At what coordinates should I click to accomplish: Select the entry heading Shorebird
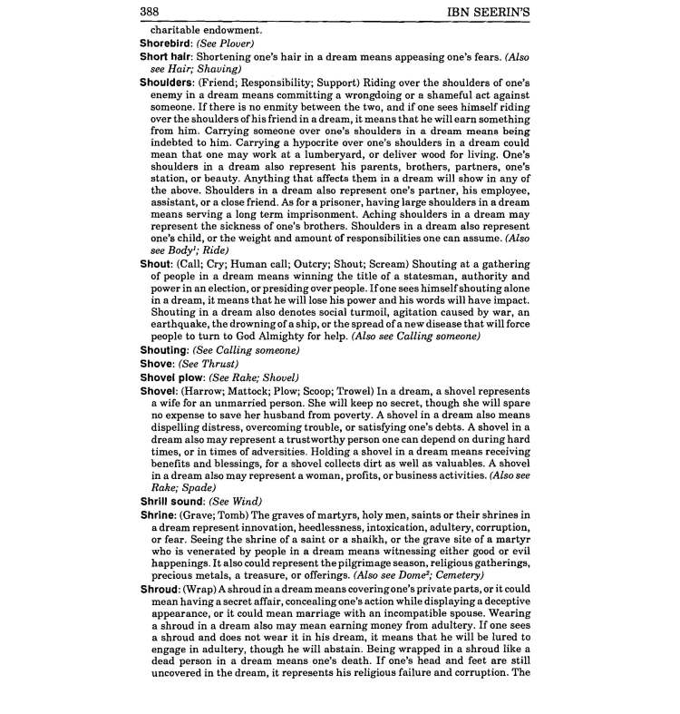168,43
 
